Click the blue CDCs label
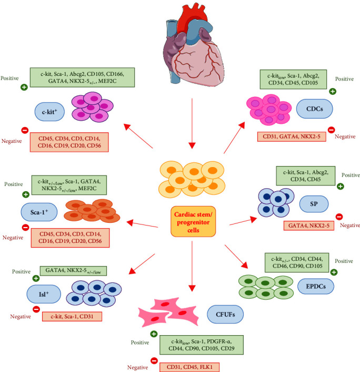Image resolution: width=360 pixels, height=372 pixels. click(315, 109)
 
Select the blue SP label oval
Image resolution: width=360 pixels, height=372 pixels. click(314, 204)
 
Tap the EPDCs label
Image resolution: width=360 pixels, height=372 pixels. click(316, 286)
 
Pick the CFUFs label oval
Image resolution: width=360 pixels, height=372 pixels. click(225, 315)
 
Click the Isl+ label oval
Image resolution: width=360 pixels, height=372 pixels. click(44, 294)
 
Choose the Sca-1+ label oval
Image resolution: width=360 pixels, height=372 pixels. click(39, 212)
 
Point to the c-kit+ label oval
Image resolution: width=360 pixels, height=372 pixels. click(49, 112)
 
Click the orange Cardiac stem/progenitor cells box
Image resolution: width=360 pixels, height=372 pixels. click(193, 222)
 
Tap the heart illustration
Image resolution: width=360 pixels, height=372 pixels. click(193, 45)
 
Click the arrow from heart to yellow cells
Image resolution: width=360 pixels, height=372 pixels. click(192, 123)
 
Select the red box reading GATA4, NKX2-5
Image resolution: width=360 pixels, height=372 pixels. click(309, 226)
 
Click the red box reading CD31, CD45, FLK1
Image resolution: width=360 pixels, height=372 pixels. click(189, 367)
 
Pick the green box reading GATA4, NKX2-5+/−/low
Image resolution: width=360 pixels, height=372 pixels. click(73, 271)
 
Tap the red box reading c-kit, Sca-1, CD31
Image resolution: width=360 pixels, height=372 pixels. click(72, 317)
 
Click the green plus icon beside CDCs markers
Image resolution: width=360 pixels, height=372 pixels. click(333, 91)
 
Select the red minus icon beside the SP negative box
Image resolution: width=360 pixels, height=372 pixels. click(339, 217)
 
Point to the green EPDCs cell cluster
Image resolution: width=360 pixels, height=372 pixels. click(266, 287)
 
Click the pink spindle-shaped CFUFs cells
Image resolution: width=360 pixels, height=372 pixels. click(169, 311)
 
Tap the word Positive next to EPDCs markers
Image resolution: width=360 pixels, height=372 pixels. click(344, 261)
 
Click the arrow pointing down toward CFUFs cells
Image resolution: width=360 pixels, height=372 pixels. click(192, 266)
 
